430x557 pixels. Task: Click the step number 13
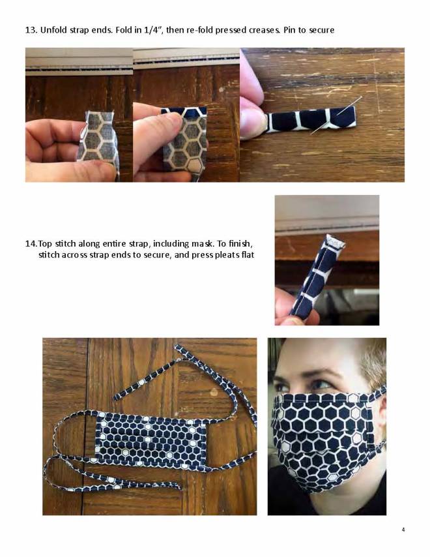(31, 30)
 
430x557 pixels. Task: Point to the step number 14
(31, 244)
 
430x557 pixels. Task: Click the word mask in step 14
(201, 244)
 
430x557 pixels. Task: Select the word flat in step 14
(248, 255)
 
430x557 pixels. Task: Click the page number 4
(403, 530)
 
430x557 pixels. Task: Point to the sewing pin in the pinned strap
(336, 115)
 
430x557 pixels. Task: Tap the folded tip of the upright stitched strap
(336, 241)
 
